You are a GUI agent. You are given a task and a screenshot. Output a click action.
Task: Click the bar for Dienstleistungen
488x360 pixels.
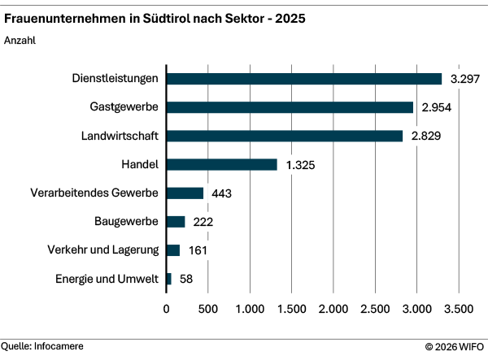303,79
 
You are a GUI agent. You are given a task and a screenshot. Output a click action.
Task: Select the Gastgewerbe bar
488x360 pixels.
290,107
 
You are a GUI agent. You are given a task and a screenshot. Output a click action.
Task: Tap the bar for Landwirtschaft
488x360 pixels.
284,136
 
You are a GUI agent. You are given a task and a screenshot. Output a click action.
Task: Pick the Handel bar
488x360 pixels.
221,164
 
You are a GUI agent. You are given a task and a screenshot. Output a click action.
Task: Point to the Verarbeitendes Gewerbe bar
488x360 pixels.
185,193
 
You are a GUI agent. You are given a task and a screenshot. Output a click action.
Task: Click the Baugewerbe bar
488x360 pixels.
176,222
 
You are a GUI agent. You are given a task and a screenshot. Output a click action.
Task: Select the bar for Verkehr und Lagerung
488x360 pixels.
173,250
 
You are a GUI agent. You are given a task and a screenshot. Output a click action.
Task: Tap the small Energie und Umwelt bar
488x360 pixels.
169,279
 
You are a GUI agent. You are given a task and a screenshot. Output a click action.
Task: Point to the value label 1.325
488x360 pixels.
302,165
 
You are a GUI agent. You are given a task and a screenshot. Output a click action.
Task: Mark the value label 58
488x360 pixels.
186,280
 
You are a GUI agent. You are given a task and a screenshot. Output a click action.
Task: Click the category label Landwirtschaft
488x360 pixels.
121,136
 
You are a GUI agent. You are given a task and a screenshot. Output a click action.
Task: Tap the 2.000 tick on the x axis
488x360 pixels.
333,309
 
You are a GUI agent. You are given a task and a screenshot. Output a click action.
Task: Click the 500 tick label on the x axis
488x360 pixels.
208,309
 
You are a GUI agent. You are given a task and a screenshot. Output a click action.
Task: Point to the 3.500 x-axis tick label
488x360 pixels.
458,309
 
